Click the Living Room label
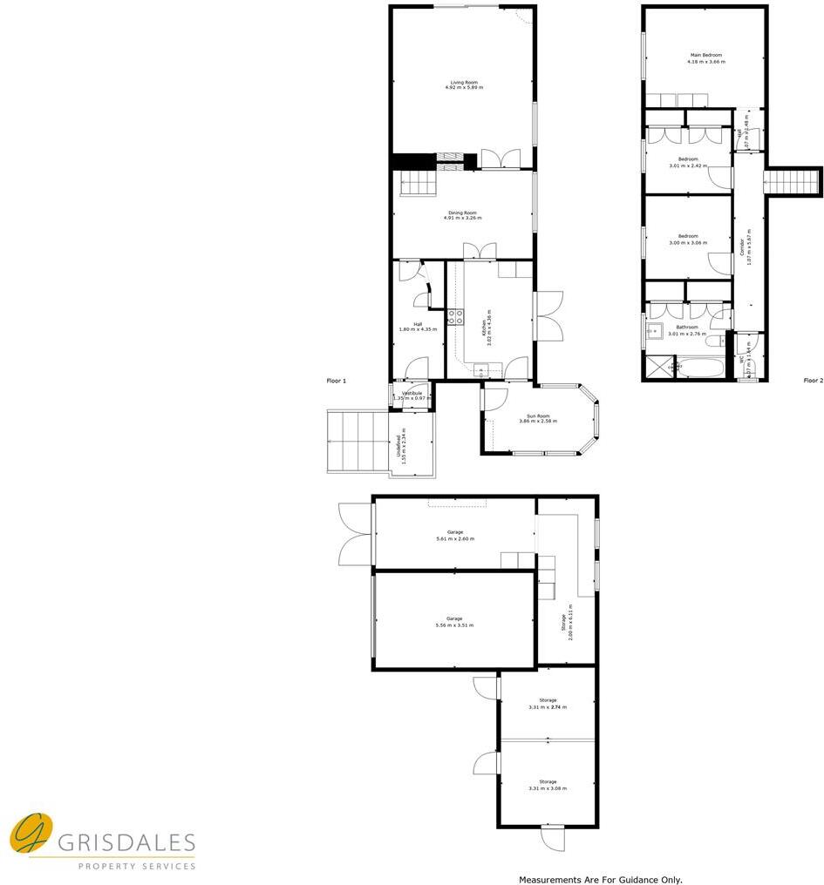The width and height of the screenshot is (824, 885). [463, 82]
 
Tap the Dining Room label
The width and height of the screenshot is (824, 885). [463, 213]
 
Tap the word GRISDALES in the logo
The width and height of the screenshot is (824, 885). [126, 842]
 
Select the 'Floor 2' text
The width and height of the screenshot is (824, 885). [813, 381]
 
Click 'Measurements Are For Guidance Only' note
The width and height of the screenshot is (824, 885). [601, 880]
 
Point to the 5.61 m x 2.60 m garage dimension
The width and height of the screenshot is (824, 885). [455, 539]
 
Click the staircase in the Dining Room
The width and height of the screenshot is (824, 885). [416, 185]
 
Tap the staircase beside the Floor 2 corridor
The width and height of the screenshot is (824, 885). [793, 181]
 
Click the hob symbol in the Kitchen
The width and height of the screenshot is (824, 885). [454, 317]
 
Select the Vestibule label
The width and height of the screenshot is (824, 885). [411, 394]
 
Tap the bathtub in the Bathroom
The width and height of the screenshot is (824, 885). [700, 368]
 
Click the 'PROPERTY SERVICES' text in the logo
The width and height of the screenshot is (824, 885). [137, 866]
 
